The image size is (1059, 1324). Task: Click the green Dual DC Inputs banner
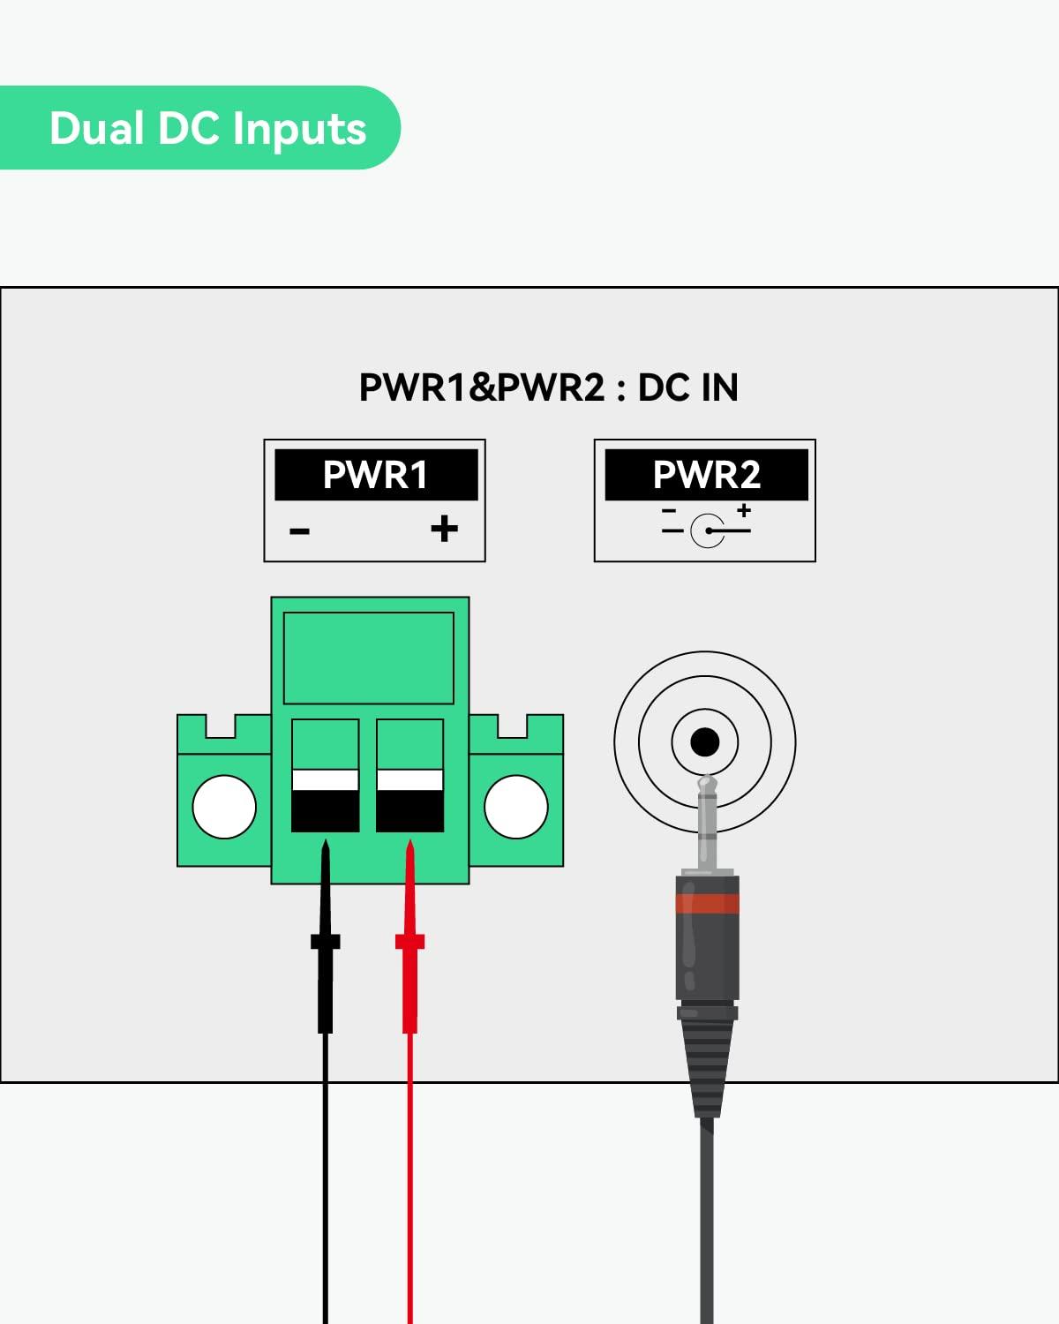[x=199, y=128]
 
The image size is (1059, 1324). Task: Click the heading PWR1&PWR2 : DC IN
[x=548, y=387]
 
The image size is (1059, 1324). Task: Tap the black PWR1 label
[x=376, y=475]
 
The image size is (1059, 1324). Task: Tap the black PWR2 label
[x=706, y=475]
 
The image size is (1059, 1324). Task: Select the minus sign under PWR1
[x=300, y=531]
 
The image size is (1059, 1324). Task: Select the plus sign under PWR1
[x=444, y=529]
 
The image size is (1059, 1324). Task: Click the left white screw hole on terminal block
[x=224, y=807]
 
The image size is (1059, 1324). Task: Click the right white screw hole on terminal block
[x=516, y=807]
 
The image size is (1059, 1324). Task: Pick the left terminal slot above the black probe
[x=325, y=776]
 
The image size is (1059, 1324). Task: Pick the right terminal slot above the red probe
[x=409, y=776]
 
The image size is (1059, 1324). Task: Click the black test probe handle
[x=325, y=980]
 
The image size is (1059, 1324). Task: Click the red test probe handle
[x=409, y=980]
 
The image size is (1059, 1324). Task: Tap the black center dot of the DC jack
[x=704, y=742]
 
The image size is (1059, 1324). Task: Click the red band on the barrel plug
[x=707, y=903]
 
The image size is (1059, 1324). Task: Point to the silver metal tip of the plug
[x=706, y=821]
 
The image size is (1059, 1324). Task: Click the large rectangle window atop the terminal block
[x=369, y=658]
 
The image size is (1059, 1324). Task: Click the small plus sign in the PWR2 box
[x=744, y=510]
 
